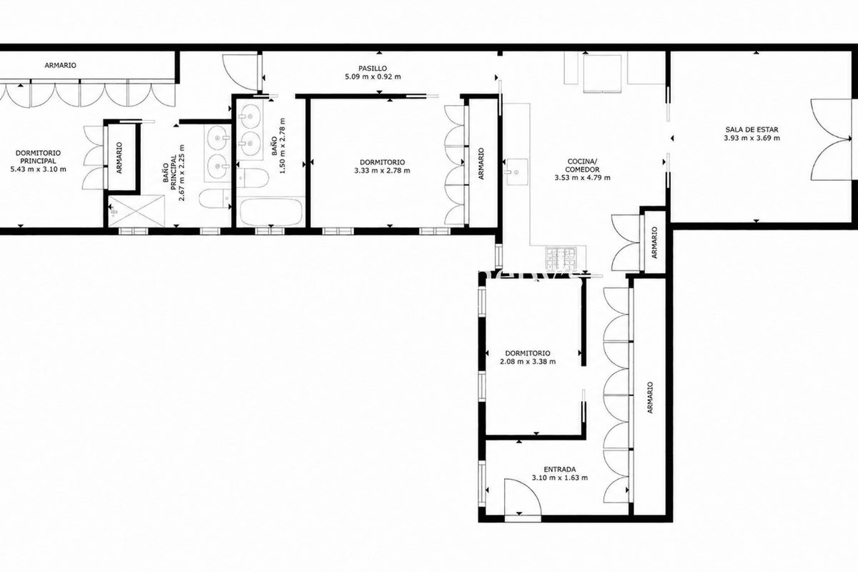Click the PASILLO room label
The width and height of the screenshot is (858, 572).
point(373,68)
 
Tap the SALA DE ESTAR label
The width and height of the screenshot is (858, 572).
point(751,129)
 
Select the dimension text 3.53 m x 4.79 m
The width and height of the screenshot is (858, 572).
point(582,178)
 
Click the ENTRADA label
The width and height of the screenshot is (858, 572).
point(560,469)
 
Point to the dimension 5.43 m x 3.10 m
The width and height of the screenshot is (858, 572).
point(39,169)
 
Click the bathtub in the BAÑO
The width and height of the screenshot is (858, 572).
point(270,212)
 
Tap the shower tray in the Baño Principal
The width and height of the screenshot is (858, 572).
point(137,211)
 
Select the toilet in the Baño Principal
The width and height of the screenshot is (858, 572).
point(215,199)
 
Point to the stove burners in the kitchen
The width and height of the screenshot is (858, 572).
point(561,259)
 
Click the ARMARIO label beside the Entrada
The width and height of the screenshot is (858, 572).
point(650,398)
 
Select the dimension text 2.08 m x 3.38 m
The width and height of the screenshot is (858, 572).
point(528,361)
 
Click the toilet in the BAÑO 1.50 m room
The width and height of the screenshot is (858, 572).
point(252,178)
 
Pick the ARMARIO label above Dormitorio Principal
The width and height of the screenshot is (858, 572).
point(60,65)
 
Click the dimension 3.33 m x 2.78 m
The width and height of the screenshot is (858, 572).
point(383,170)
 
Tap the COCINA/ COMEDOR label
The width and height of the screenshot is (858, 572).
point(582,165)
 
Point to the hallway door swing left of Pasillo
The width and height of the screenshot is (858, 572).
point(240,73)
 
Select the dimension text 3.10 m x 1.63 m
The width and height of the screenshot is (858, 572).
point(560,478)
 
